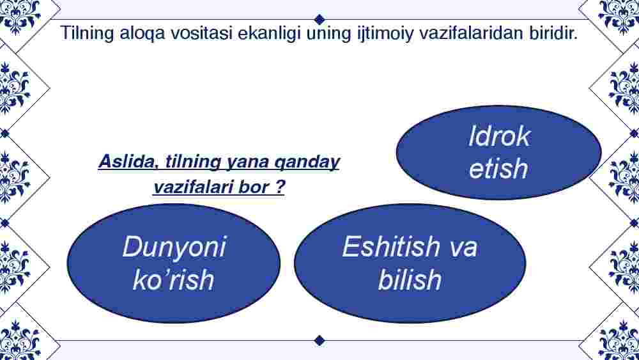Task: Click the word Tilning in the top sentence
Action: pos(87,33)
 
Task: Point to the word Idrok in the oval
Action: pos(499,136)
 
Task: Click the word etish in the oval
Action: pos(498,168)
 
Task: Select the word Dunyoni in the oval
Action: pos(174,247)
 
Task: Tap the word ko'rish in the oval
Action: pos(174,279)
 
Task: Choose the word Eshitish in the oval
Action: pos(391,246)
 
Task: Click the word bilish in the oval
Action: pos(410,279)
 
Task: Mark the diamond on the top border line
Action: pos(320,19)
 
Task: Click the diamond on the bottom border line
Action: pos(320,340)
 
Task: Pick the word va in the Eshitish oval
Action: pos(463,249)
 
